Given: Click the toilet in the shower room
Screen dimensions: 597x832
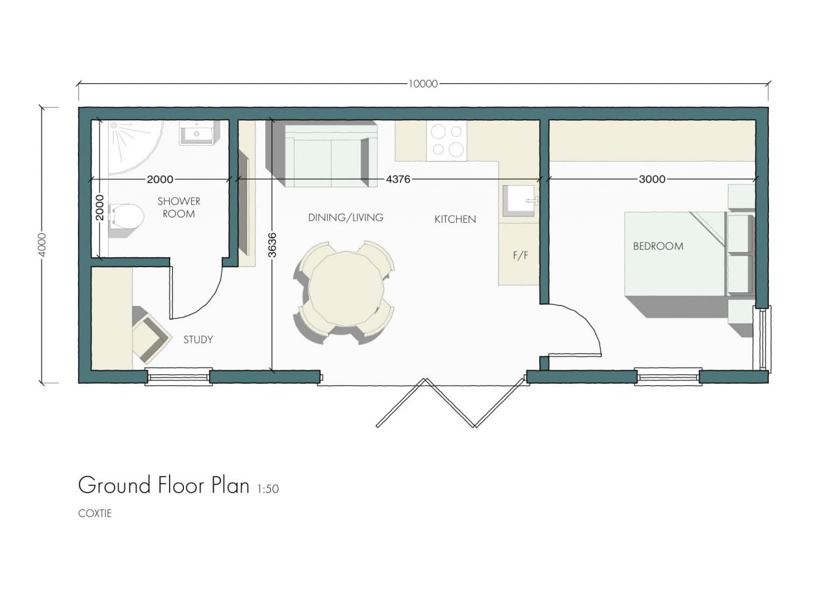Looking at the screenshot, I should coord(125,216).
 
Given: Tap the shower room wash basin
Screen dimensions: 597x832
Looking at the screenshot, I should coord(196,134).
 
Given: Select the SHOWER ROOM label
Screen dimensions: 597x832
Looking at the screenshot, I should coord(178,207).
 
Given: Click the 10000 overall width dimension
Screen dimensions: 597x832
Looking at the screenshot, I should coord(423,83).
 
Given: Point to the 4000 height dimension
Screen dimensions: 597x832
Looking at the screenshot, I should coord(42,244).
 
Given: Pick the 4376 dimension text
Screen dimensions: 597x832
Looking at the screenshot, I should coord(398,179).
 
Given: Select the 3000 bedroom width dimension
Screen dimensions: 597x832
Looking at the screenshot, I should coord(651,179).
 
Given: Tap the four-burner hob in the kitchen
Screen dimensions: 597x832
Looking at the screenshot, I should coord(447,141).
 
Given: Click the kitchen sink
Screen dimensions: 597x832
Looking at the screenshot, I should coord(521,199).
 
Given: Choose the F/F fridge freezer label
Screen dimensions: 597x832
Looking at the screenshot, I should coord(520,255).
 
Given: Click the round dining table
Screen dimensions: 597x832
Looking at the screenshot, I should coord(344,288).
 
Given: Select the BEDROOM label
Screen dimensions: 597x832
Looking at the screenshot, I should coord(658,246).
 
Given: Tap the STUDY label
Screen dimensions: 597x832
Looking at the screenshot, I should coord(198,339).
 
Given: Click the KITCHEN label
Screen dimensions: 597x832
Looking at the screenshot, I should coord(455,220).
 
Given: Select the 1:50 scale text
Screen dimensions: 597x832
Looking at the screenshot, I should coord(268,489).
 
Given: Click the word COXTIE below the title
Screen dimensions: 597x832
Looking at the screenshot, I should coord(95,513).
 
